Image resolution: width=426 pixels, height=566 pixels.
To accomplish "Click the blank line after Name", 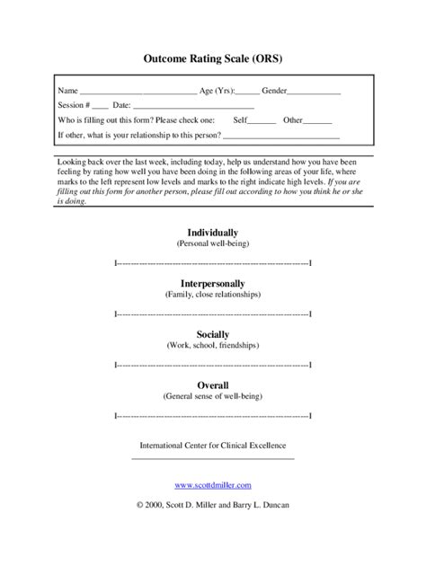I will tap(138, 93).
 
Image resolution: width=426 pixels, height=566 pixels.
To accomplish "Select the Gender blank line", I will tap(314, 93).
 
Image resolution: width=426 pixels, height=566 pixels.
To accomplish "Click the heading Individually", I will tap(213, 232).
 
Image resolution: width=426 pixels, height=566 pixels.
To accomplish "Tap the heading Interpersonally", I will tap(213, 283).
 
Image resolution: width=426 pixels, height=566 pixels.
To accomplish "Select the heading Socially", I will tap(213, 334).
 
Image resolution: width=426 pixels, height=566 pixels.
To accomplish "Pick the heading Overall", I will tap(213, 385).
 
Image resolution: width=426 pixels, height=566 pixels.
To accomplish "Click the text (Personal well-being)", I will tap(213, 243).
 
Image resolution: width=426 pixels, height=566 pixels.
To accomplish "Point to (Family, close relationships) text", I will tap(213, 295).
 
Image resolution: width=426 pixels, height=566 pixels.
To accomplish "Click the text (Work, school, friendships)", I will tap(213, 345).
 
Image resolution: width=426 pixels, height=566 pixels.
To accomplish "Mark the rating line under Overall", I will tap(213, 416).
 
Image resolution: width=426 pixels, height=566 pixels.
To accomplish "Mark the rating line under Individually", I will tap(213, 263).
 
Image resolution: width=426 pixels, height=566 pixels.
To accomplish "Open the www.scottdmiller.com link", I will tap(213, 485).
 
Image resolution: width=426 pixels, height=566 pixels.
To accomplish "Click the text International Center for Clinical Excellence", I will tap(213, 446).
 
